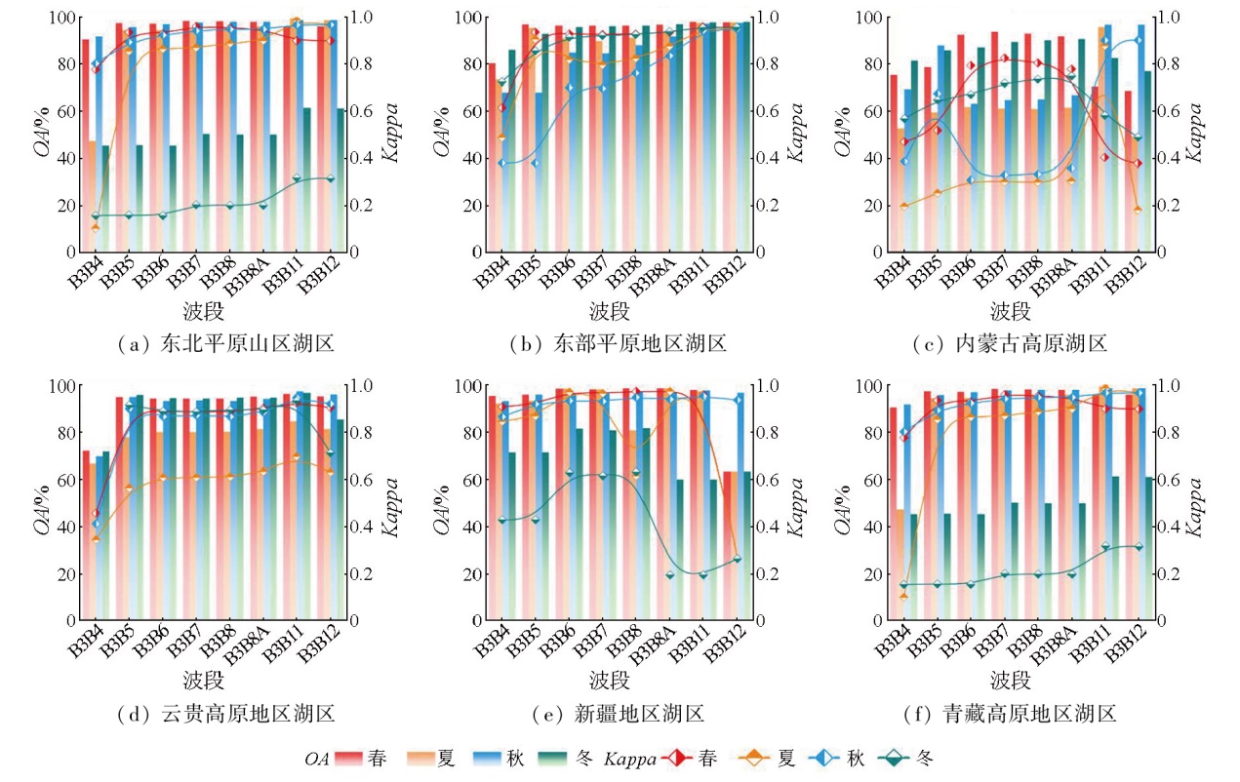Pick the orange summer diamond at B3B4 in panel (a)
pos(96,227)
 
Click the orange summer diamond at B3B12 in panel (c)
pos(1138,210)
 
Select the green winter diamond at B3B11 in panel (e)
pos(702,574)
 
